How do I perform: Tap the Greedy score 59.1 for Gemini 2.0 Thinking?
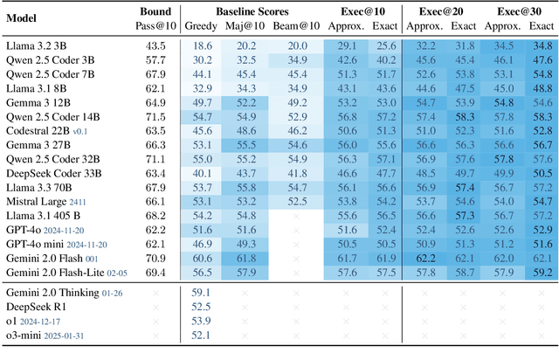(x=202, y=291)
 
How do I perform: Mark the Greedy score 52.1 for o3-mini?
(x=202, y=334)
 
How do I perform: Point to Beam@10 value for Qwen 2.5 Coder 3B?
(x=297, y=59)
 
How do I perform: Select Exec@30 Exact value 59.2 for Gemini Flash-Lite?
(x=541, y=271)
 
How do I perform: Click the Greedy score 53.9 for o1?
(x=202, y=320)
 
